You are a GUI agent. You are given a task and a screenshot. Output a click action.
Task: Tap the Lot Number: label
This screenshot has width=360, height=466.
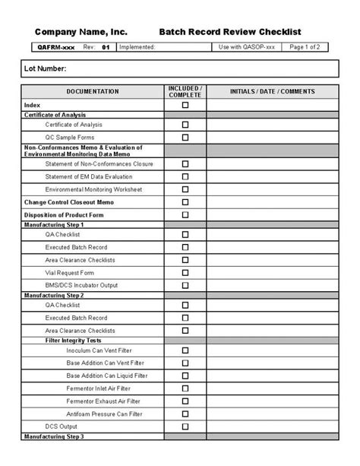(46, 69)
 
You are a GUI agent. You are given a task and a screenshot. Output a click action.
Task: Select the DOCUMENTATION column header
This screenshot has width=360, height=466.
(93, 92)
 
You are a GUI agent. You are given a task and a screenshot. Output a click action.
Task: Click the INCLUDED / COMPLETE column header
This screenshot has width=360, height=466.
(185, 92)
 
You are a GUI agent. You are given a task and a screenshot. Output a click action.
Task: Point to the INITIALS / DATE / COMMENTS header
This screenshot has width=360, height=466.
(272, 92)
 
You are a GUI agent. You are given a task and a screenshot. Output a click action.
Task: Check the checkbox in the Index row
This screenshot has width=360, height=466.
(185, 105)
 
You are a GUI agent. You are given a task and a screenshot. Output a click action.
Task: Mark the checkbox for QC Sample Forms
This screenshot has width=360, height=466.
(185, 138)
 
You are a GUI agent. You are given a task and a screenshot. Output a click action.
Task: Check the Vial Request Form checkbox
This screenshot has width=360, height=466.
(185, 272)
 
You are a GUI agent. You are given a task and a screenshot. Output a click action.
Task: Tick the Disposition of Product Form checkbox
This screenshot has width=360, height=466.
(185, 215)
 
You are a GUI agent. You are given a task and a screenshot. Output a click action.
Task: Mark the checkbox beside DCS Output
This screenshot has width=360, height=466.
(185, 426)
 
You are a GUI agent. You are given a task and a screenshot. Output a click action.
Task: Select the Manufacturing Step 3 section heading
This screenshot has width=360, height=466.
(54, 437)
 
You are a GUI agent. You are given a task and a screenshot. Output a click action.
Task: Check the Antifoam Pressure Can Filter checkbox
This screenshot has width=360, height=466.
(185, 414)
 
